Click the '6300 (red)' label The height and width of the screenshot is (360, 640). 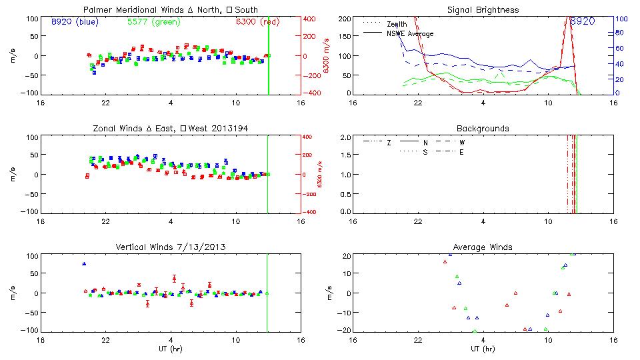pyautogui.click(x=257, y=21)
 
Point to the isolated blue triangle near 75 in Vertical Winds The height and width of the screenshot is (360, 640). pyautogui.click(x=84, y=264)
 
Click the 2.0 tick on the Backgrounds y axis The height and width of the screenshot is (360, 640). pyautogui.click(x=345, y=137)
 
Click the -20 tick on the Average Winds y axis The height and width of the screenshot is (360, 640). pyautogui.click(x=344, y=331)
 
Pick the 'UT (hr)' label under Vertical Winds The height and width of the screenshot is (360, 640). pyautogui.click(x=171, y=349)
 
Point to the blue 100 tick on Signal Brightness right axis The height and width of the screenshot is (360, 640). pyautogui.click(x=619, y=19)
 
